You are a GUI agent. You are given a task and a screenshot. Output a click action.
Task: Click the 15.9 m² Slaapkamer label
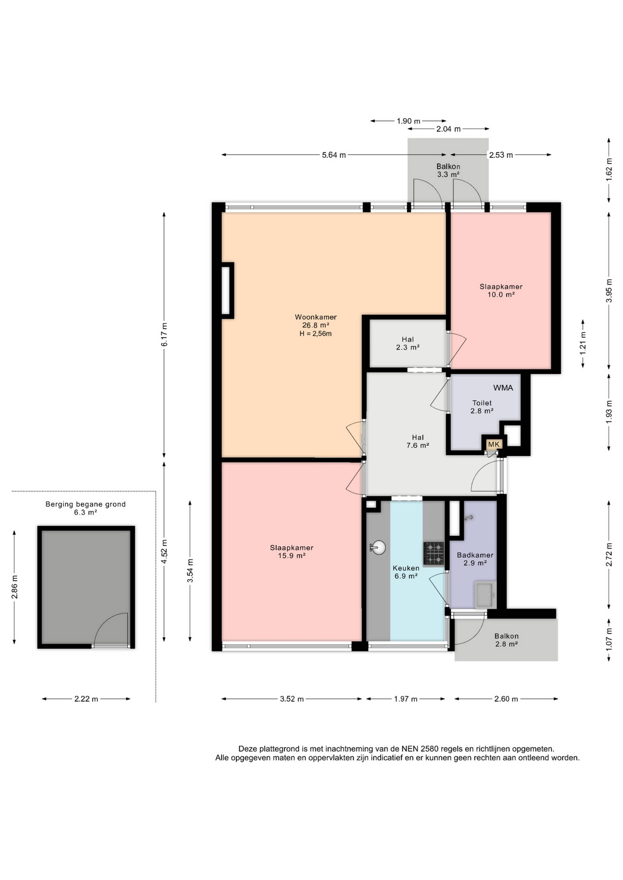(x=292, y=552)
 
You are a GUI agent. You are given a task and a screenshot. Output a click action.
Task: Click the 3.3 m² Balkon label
(x=448, y=170)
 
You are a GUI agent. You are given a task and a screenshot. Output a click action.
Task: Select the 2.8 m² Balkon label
(x=506, y=640)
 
